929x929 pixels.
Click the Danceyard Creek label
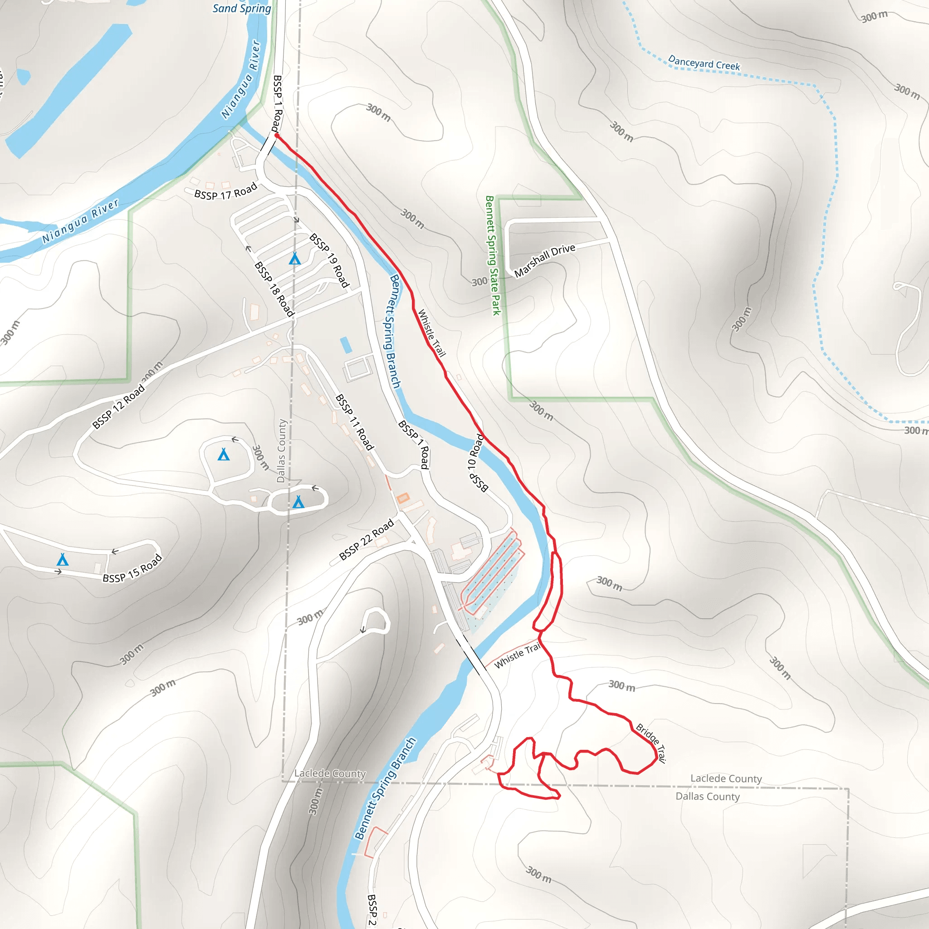coord(704,64)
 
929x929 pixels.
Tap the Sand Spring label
coord(242,8)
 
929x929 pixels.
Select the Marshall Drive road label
coord(544,260)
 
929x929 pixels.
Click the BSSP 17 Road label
coord(225,191)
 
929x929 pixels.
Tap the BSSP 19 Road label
coord(329,260)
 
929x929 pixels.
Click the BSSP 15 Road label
coord(133,568)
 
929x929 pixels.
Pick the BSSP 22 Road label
coord(367,539)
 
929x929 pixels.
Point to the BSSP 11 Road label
coord(354,422)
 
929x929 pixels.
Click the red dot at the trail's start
coord(277,136)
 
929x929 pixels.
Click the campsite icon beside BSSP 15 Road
coord(63,559)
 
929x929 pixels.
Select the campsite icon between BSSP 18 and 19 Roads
coord(295,259)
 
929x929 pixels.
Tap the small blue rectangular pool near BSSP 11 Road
coord(346,345)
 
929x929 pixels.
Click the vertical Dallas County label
coord(281,450)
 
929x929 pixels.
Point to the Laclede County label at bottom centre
coord(330,773)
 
